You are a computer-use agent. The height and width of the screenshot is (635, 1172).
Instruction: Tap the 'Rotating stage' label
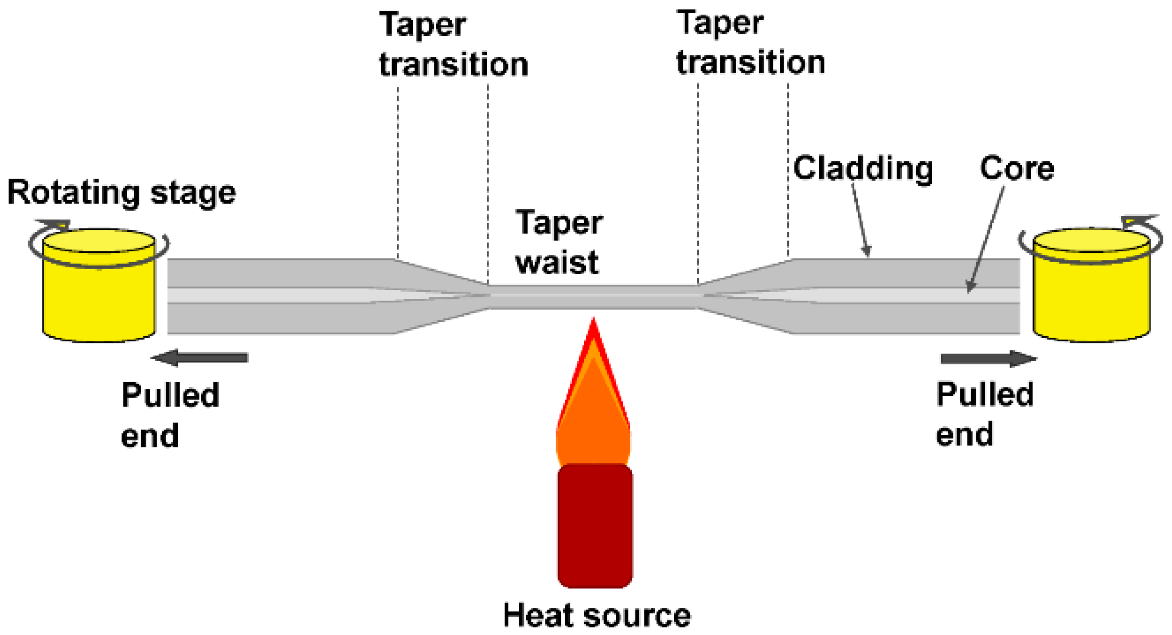click(x=121, y=193)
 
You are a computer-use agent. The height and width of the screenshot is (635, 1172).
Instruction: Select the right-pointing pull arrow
click(x=987, y=358)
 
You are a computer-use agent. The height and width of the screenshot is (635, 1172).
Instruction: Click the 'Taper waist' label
click(x=559, y=242)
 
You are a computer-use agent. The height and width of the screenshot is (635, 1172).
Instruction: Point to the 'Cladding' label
click(x=863, y=168)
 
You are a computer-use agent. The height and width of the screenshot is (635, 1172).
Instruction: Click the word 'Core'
click(x=1016, y=168)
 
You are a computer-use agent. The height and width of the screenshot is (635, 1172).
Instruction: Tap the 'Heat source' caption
click(x=596, y=615)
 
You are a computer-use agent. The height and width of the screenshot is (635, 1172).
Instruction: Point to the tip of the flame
click(x=593, y=322)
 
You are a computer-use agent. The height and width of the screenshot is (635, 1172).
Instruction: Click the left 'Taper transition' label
click(x=453, y=45)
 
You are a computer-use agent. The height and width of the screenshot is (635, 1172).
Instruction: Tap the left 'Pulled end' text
click(x=170, y=415)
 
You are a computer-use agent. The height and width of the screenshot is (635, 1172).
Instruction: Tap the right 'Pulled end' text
click(x=985, y=414)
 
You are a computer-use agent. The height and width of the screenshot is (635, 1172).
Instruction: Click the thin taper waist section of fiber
click(x=593, y=296)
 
